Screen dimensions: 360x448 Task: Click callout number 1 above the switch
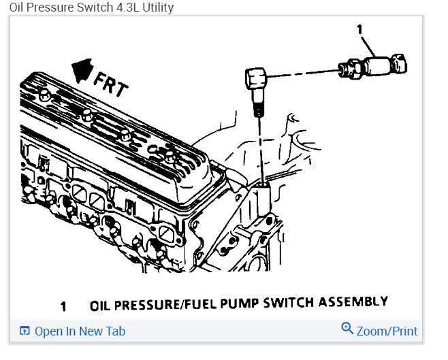pos(359,29)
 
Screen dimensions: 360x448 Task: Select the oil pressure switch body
pos(378,66)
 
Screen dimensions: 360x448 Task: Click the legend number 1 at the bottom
pos(63,306)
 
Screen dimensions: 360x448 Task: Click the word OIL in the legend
pos(101,306)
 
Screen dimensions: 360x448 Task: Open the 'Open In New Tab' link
pos(80,331)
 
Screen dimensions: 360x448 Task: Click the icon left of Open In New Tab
pos(25,331)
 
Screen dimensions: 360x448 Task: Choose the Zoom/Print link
pos(387,331)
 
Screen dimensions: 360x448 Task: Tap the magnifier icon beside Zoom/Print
pos(347,329)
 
